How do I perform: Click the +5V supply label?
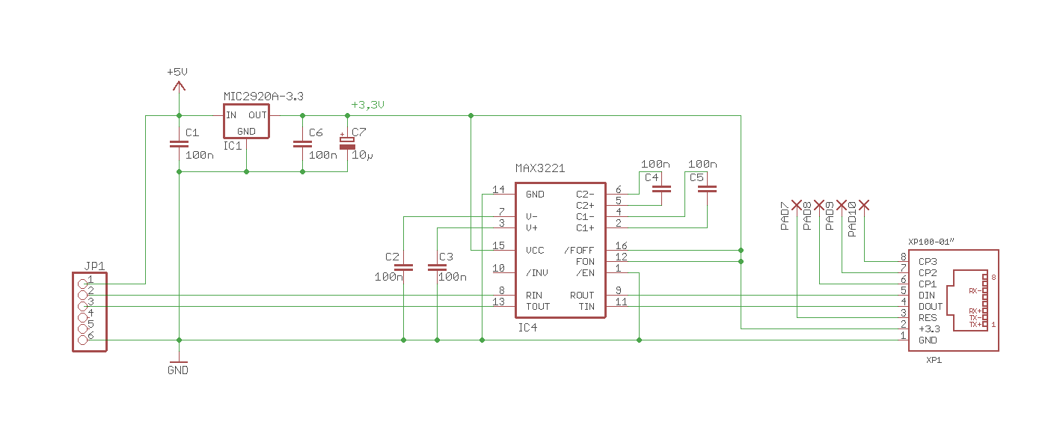point(177,72)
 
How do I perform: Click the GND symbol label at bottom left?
point(178,370)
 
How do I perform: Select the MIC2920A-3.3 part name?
point(263,97)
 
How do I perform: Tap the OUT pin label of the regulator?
point(257,115)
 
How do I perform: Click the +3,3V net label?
point(367,105)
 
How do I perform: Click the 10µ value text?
point(362,156)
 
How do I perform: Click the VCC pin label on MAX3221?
point(535,251)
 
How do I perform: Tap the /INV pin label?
point(537,272)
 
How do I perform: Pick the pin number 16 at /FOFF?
point(621,246)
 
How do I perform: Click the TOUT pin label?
point(537,306)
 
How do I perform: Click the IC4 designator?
point(527,328)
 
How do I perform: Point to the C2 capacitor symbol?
point(403,266)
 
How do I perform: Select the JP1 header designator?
point(95,266)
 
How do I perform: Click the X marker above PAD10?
point(864,204)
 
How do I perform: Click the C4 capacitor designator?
point(652,177)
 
